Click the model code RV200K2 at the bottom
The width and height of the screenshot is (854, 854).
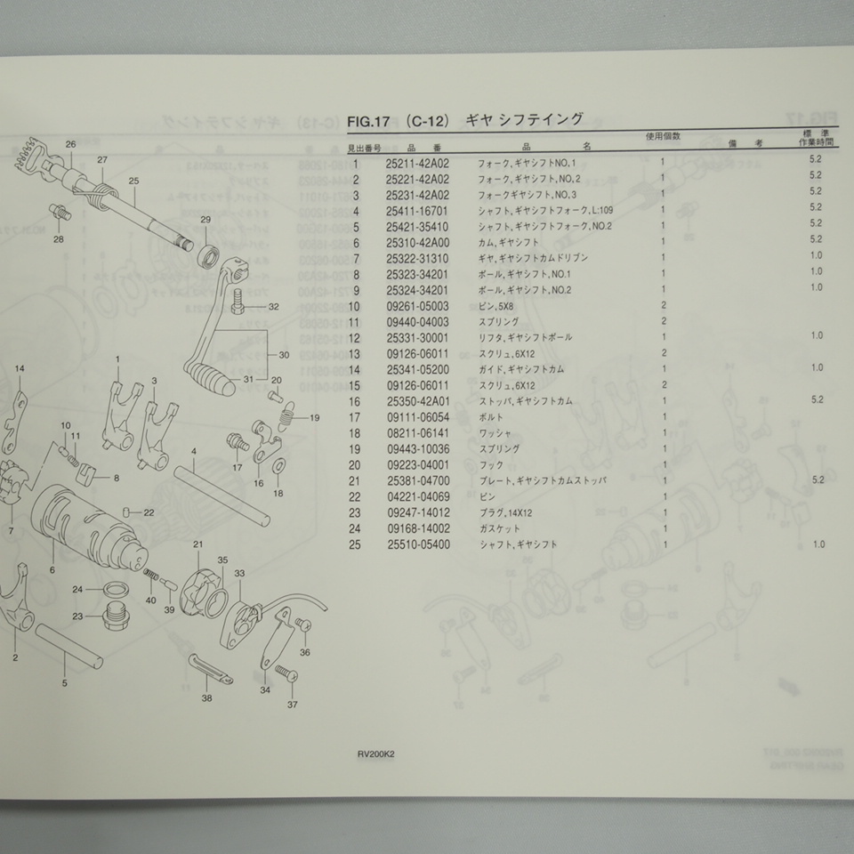point(376,752)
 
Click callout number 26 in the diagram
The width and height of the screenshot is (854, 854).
point(70,144)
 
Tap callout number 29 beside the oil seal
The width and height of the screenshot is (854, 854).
point(205,220)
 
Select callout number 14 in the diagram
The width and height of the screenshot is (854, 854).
point(20,368)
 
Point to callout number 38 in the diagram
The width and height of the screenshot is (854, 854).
point(207,699)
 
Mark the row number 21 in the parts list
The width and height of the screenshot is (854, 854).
point(354,480)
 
